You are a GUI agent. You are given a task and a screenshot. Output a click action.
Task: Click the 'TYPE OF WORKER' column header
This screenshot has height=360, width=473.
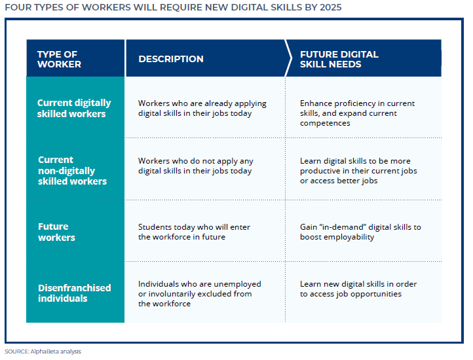59,59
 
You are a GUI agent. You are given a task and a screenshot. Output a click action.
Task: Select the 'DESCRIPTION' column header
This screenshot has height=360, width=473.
171,59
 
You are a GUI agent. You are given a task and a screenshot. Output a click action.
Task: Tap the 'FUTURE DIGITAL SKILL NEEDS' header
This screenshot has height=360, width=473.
339,59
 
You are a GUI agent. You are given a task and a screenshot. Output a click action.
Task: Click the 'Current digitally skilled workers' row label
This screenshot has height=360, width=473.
74,108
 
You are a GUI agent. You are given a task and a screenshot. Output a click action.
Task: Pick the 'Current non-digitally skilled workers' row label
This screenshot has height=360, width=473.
72,170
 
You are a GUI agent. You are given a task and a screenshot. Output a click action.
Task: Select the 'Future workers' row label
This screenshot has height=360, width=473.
56,232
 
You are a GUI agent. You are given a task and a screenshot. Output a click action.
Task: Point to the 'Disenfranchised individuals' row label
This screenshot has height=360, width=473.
74,293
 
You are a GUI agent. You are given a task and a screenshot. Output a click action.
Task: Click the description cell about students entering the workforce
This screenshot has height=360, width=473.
194,232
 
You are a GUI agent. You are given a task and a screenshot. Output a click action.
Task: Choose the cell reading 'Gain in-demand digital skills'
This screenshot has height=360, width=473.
360,232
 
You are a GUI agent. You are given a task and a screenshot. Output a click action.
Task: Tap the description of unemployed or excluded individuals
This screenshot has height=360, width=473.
199,294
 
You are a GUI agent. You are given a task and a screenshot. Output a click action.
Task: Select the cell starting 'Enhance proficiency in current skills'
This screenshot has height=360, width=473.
357,113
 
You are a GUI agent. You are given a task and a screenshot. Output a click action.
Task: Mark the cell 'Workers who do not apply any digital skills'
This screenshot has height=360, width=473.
195,166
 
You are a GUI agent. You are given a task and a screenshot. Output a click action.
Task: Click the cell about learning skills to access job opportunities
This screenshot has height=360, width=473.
358,289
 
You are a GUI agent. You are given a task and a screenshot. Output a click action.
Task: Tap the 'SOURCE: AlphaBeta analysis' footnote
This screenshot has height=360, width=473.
43,351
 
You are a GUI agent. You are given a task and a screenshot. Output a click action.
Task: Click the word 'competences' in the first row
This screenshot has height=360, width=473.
325,123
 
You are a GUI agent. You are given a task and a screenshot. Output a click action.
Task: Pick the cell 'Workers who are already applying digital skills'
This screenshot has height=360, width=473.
195,108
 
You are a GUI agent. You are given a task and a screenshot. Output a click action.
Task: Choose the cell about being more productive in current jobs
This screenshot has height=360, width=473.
358,171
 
